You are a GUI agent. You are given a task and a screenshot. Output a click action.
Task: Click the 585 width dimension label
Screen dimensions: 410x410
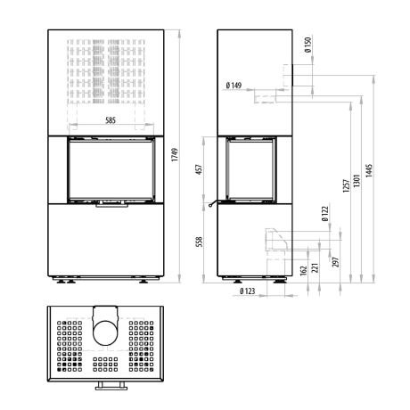[x=111, y=120]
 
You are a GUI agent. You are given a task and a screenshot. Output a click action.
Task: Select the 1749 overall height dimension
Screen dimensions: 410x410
[x=175, y=154]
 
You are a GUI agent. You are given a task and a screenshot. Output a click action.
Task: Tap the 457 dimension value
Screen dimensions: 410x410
[x=200, y=169]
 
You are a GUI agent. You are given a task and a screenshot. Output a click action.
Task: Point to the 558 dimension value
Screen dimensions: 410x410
[x=200, y=242]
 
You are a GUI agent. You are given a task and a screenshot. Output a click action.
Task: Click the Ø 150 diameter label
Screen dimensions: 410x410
[x=307, y=45]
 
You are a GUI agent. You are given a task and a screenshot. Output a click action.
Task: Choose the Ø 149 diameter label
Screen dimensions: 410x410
[x=234, y=86]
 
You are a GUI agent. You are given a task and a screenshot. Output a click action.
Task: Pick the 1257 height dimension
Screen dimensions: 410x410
[x=346, y=185]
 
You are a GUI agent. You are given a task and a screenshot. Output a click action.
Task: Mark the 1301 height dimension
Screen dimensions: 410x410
[x=357, y=180]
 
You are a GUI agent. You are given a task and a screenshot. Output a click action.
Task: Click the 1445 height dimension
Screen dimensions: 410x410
[x=369, y=170]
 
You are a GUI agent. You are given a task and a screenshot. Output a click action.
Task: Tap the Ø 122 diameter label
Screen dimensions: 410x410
[x=324, y=214]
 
